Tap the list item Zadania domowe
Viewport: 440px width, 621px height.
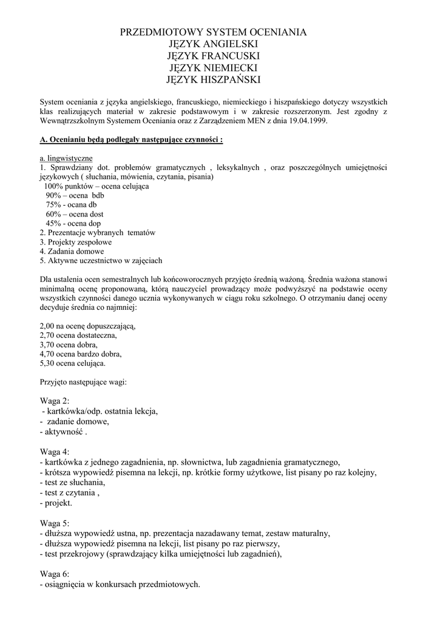[x=72, y=251]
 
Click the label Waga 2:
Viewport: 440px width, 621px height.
[x=54, y=401]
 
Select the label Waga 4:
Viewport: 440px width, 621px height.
[x=54, y=452]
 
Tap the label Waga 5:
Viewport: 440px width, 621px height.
[x=54, y=523]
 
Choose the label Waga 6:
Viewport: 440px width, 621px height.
[x=54, y=574]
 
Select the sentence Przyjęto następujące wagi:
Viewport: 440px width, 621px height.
[x=83, y=382]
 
